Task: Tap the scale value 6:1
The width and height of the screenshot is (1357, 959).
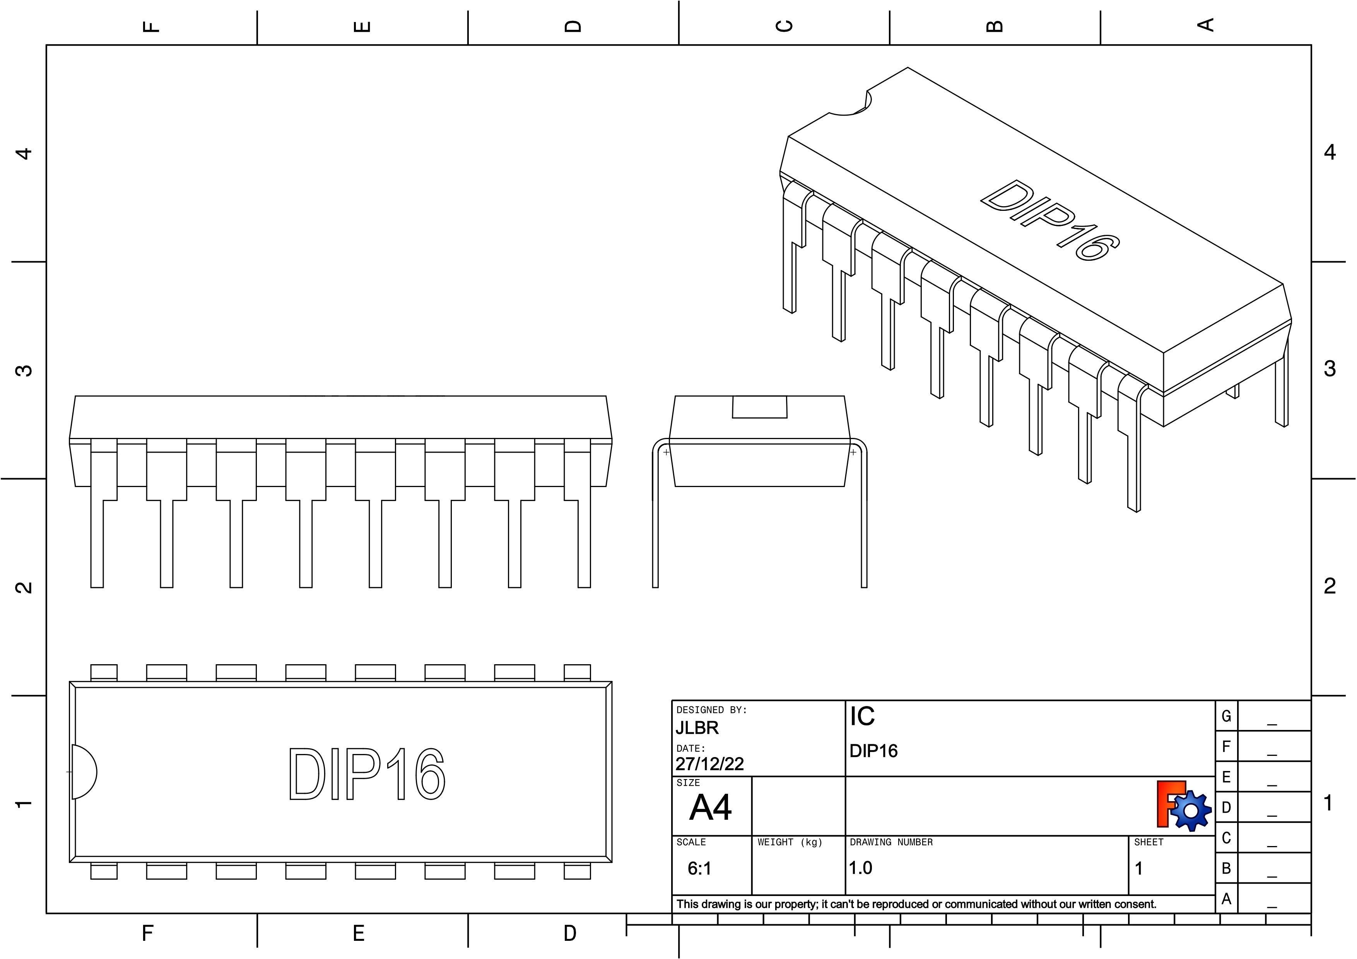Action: tap(699, 868)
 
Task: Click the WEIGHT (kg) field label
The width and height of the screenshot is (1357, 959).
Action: tap(790, 842)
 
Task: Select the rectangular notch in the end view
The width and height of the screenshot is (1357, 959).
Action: tap(759, 407)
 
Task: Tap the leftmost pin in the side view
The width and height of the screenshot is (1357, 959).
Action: tap(97, 532)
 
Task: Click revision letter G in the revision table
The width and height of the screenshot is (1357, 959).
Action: tap(1226, 716)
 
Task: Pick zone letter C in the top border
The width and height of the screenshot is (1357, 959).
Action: tap(784, 26)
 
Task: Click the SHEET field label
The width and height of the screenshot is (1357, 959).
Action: tap(1148, 842)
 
